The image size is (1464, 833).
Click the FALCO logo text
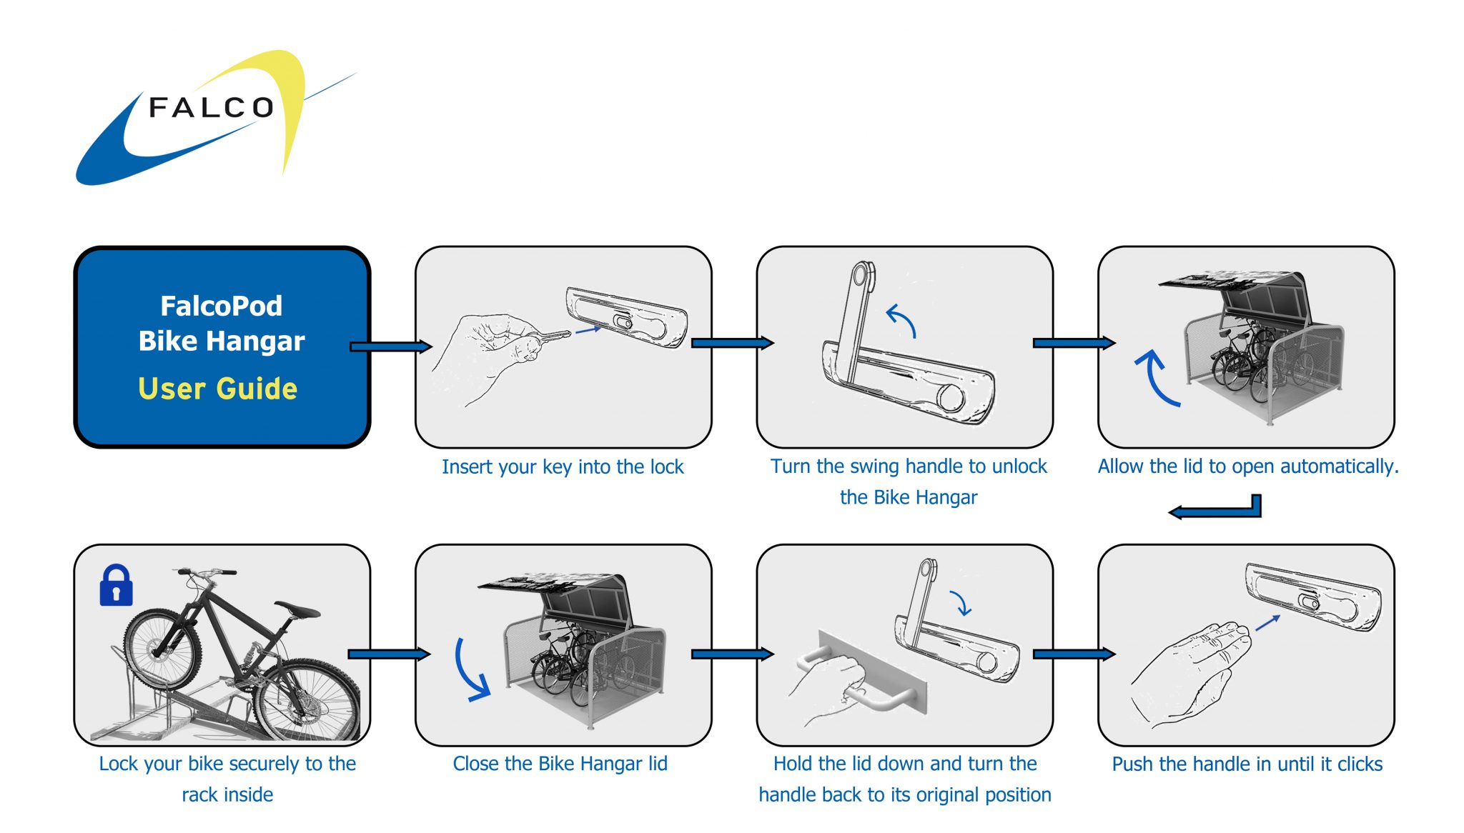coord(211,108)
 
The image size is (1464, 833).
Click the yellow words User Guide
coord(217,389)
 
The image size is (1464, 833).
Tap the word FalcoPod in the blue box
coord(221,306)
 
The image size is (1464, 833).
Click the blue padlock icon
coord(116,587)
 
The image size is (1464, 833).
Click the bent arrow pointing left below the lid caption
coord(1215,509)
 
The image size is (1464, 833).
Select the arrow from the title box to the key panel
coord(390,346)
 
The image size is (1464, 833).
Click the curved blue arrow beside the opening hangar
coord(1156,377)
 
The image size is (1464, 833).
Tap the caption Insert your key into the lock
coord(563,467)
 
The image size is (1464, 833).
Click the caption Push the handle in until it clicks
coord(1247,764)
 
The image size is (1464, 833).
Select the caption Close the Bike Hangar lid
coord(560,764)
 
